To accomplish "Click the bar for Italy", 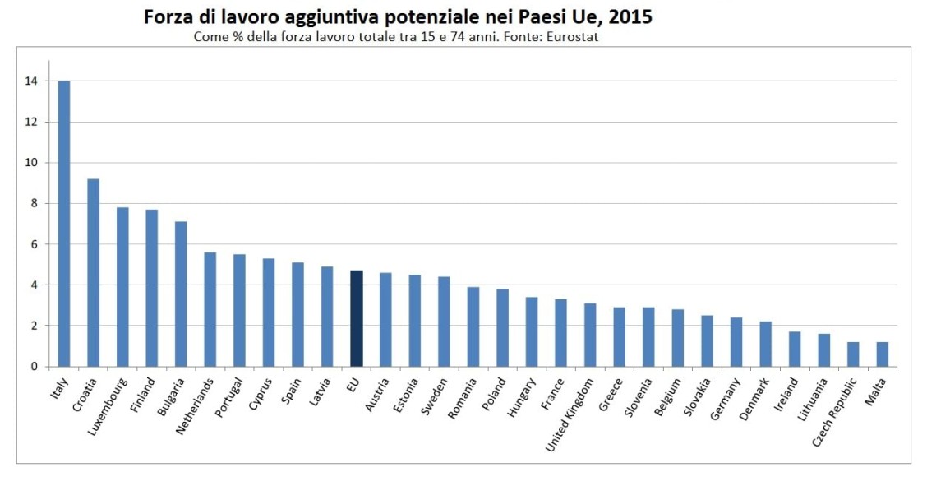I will [63, 224].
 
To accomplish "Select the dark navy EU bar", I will [356, 318].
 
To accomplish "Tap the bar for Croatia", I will [93, 272].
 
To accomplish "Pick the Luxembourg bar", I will [122, 287].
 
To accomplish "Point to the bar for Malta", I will [882, 354].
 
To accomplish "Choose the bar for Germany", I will [736, 342].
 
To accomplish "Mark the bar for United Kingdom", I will [590, 335].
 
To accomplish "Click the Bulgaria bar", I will [181, 294].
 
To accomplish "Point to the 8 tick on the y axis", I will [34, 204].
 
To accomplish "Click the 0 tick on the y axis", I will [34, 367].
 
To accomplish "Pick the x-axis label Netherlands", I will [196, 404].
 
